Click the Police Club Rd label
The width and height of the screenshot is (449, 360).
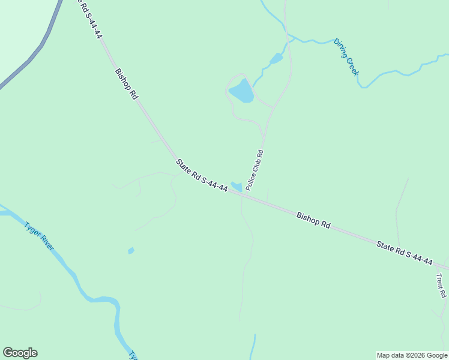(255, 170)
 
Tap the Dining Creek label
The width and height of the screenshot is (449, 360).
(346, 57)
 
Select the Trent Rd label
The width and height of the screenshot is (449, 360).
(441, 285)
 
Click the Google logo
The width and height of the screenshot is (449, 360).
(20, 353)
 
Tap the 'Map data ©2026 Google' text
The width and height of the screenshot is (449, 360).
(412, 355)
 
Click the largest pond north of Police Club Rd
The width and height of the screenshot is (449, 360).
(241, 91)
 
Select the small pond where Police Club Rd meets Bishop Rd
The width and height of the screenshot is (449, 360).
(236, 187)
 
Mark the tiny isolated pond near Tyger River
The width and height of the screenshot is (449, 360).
(131, 250)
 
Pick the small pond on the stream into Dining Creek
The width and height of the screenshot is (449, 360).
(276, 59)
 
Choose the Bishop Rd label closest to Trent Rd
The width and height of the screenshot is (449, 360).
(313, 220)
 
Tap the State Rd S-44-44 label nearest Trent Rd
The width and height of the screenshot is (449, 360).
(405, 252)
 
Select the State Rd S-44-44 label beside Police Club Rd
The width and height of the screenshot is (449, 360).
(202, 175)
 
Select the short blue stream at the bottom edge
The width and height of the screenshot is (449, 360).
(253, 347)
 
